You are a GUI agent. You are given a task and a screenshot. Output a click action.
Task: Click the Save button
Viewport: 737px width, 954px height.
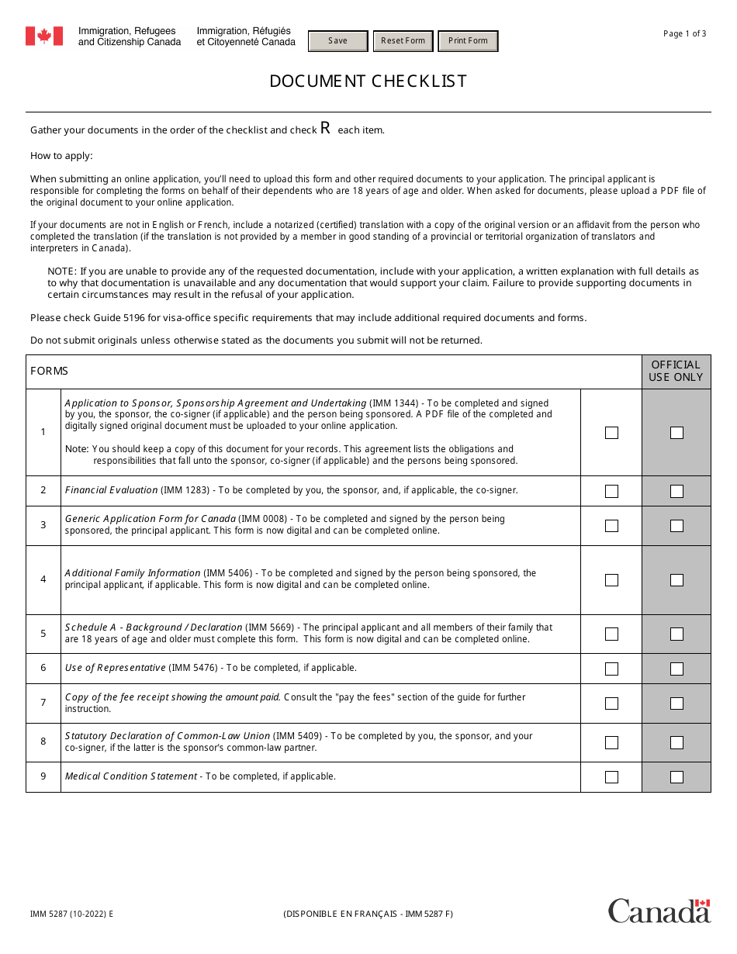337,41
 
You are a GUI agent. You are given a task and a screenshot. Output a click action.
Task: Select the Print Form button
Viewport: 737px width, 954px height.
468,41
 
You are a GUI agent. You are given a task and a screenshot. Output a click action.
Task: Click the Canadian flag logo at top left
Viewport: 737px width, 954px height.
44,36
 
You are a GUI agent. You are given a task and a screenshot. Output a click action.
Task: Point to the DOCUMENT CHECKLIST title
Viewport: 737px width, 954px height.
368,81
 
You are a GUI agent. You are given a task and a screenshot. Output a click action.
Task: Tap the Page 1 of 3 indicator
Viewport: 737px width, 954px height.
684,33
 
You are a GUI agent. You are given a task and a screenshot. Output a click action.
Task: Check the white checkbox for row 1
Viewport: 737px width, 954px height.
611,433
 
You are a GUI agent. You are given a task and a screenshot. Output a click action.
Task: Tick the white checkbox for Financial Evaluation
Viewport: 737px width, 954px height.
611,491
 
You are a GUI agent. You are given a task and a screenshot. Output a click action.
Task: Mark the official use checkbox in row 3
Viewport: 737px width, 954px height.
676,526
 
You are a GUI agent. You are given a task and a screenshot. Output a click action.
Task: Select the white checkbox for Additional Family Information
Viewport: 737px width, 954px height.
611,580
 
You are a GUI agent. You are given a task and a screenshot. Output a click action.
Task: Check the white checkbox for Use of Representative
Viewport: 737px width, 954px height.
611,669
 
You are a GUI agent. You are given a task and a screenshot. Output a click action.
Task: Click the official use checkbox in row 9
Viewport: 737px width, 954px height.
676,777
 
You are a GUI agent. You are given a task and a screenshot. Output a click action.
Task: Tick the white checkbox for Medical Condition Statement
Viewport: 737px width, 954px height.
611,777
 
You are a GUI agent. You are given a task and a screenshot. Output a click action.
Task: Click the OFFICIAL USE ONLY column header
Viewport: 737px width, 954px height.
676,372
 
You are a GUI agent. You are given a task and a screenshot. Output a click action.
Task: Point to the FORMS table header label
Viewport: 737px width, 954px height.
50,372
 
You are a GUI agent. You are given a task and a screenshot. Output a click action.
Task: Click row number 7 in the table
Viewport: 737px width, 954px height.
43,703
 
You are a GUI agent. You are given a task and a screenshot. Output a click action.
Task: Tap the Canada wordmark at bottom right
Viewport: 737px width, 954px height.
659,911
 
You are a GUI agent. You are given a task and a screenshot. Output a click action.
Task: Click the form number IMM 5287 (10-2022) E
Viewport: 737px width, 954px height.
72,914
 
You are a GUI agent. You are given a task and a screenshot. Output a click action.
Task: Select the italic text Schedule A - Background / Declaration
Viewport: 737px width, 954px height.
154,627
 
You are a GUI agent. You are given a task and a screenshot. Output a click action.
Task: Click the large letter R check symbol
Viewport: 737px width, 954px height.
326,129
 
